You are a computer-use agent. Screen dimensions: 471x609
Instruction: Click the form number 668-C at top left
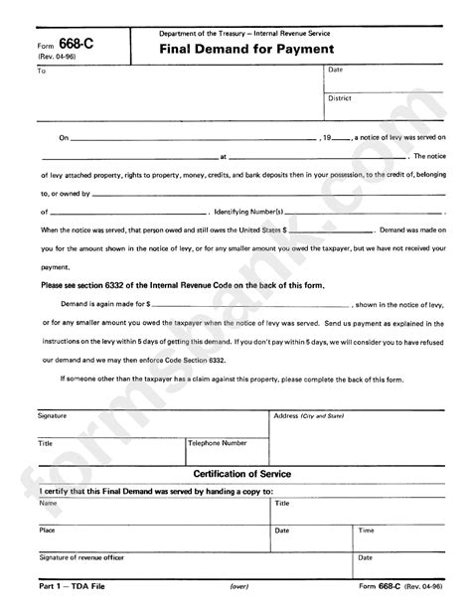71,45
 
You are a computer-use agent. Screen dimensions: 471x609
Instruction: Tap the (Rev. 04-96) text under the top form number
56,59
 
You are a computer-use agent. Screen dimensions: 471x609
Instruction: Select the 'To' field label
42,72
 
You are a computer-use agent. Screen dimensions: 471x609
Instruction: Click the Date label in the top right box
335,71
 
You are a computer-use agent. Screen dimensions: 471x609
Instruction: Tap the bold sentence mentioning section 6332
183,284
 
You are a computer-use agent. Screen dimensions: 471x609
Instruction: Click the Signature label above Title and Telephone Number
54,414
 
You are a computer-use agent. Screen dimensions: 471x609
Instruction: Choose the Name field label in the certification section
48,504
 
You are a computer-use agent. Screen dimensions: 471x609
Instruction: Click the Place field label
48,531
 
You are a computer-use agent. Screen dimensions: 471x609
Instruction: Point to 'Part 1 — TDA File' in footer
67,587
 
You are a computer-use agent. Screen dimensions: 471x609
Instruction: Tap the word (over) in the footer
239,588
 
